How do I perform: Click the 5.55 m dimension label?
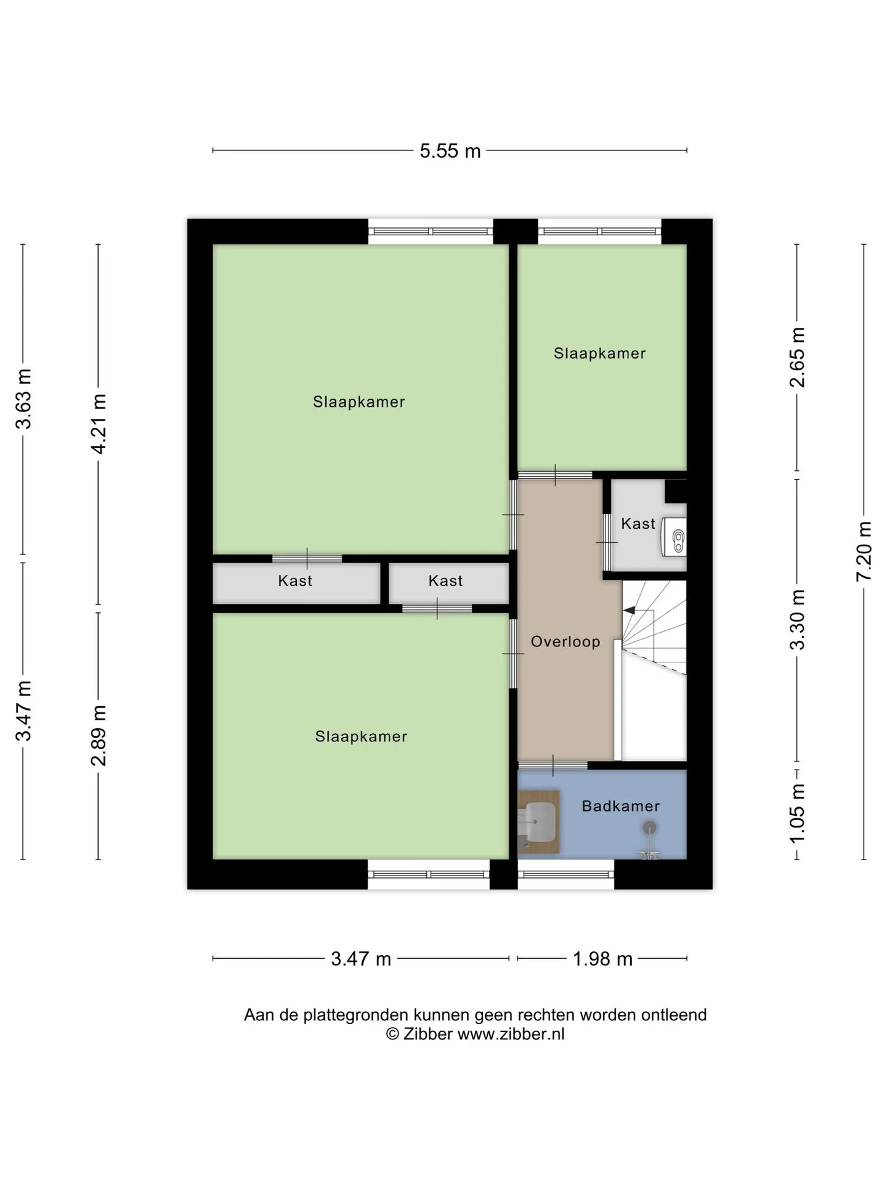(450, 151)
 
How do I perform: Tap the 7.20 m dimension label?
(864, 551)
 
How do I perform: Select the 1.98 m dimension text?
(603, 959)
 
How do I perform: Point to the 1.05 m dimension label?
(797, 813)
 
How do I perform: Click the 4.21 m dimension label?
(99, 424)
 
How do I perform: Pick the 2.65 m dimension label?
(797, 357)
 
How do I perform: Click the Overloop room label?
(565, 641)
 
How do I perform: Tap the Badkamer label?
(621, 806)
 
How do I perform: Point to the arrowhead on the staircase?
(629, 610)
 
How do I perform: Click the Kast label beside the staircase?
(638, 524)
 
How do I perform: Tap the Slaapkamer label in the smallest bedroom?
(599, 353)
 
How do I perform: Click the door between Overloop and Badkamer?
(553, 765)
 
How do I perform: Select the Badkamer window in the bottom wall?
(566, 874)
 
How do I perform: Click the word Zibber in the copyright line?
(428, 1033)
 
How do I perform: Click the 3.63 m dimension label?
(23, 399)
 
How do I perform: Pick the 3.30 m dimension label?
(797, 620)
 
